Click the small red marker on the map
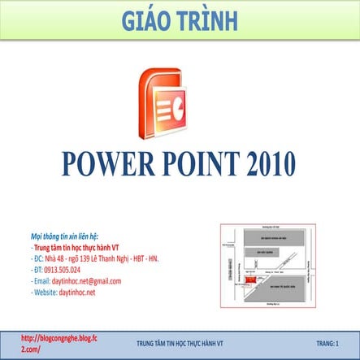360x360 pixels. click(x=251, y=279)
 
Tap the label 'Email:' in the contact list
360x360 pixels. click(x=41, y=280)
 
